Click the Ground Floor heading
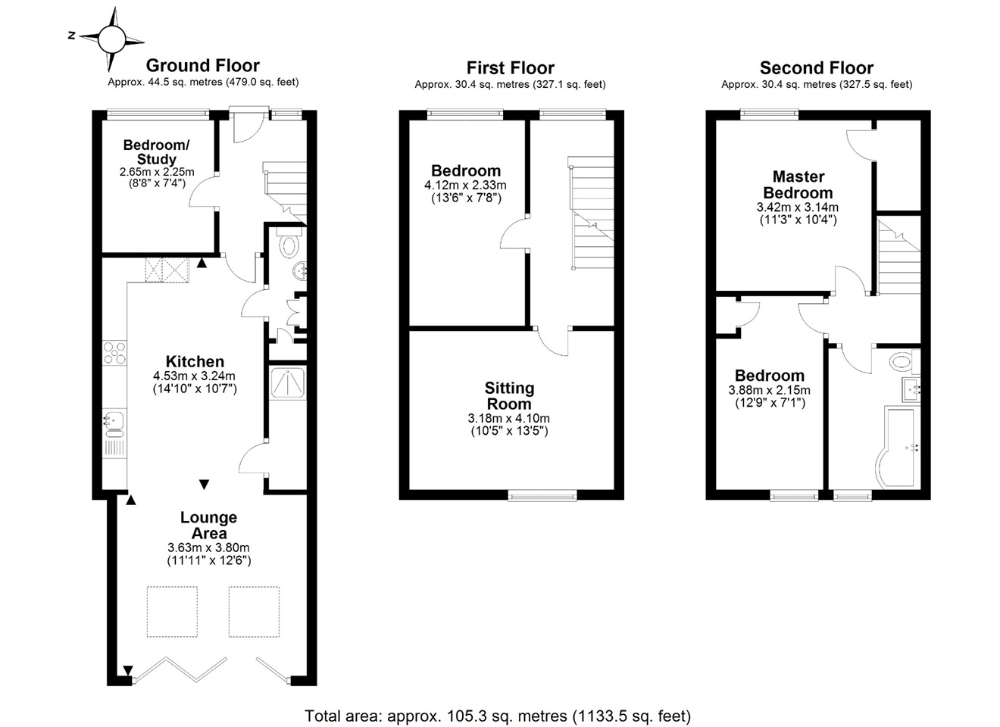pos(202,66)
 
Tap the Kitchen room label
pos(195,362)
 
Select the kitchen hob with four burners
pos(114,354)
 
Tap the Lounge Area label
pos(208,526)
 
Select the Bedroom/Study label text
pos(156,152)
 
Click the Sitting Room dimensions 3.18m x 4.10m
pos(509,418)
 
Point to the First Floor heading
pos(510,68)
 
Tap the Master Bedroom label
pos(798,185)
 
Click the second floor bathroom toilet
pos(902,361)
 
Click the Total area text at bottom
pos(498,716)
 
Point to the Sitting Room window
pos(542,496)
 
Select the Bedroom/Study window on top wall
pos(157,114)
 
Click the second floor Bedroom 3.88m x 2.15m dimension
pos(770,391)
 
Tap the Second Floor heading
pos(816,68)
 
